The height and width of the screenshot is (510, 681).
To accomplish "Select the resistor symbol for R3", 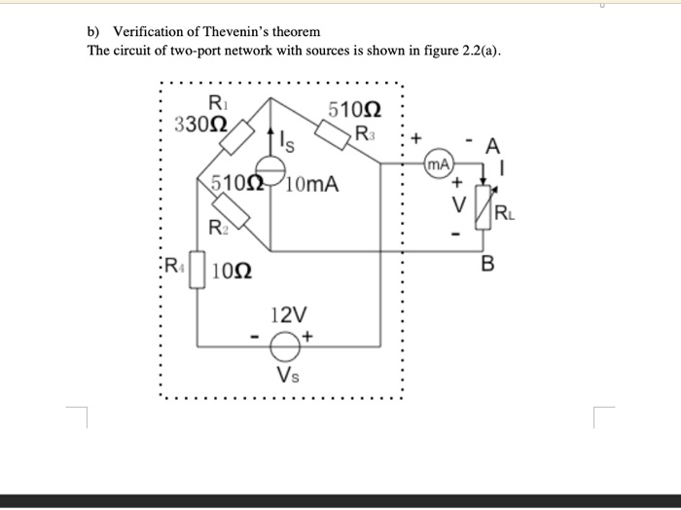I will coord(333,134).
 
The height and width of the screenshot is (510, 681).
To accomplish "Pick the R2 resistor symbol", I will coord(230,209).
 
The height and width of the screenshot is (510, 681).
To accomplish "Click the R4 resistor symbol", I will coord(197,269).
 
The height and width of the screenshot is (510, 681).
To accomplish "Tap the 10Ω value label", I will coord(230,271).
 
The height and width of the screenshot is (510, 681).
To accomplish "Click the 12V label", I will coord(289,315).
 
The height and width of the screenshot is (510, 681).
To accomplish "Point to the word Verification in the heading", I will coord(152,32).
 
